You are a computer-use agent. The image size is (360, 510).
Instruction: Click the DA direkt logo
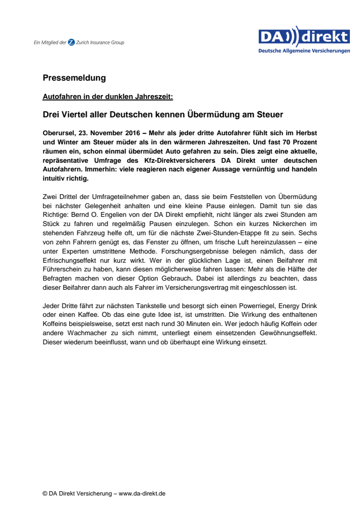click(304, 40)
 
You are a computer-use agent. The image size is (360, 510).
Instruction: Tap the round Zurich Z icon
click(71, 42)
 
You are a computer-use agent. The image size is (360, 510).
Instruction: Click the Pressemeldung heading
click(74, 78)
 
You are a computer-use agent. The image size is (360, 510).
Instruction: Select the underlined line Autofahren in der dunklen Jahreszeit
click(108, 97)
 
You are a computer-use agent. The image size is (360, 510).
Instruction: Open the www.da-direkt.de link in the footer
click(142, 494)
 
